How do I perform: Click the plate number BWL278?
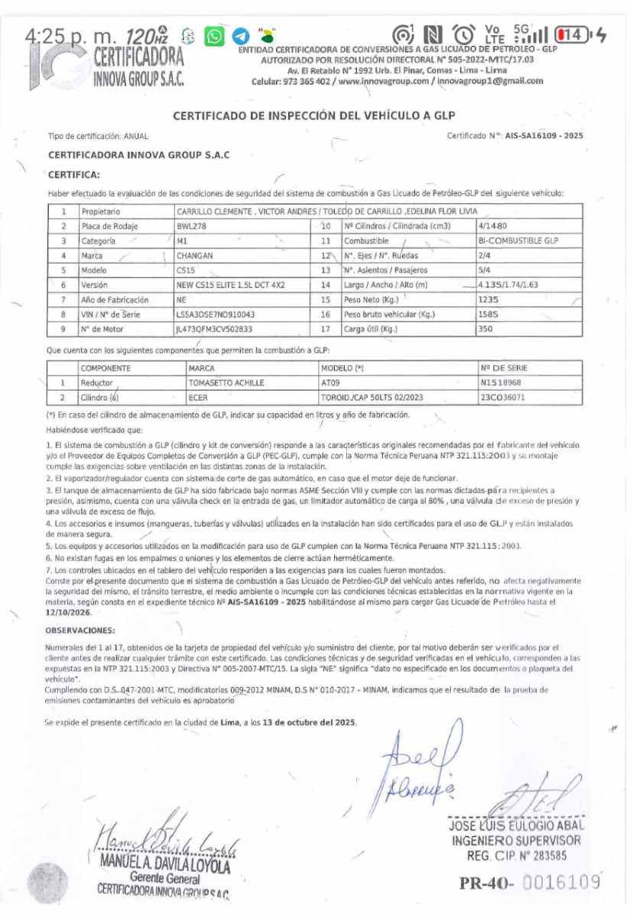[192, 226]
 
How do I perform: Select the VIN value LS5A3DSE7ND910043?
[215, 313]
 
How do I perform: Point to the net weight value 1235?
[487, 299]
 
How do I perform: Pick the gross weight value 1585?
[487, 313]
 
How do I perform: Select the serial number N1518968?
[501, 383]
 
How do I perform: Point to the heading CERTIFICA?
[74, 175]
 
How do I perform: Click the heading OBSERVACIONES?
[80, 630]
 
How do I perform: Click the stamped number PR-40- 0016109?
[529, 883]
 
